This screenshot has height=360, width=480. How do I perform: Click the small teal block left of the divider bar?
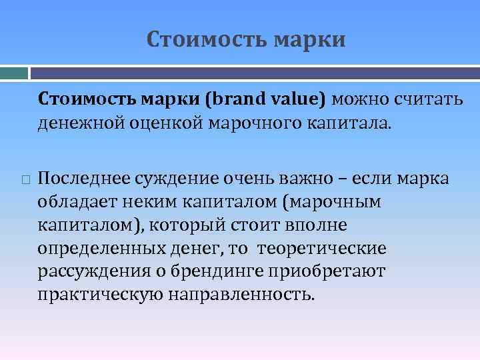pyautogui.click(x=14, y=71)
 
